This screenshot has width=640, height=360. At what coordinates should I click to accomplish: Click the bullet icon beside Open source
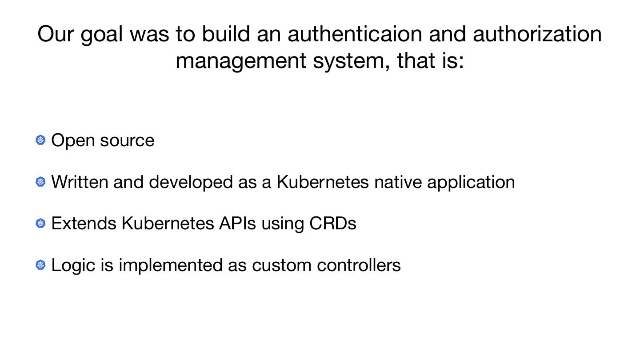tap(40, 140)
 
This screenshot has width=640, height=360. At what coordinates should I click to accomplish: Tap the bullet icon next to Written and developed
tap(40, 182)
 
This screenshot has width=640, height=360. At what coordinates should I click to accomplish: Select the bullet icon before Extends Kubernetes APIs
tap(40, 223)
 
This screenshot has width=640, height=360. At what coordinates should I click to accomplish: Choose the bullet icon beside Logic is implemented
tap(40, 265)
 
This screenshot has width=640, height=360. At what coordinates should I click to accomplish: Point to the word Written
tap(80, 182)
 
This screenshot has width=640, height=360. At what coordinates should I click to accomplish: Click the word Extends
tap(84, 223)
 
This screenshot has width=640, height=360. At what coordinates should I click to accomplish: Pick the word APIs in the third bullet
tap(237, 223)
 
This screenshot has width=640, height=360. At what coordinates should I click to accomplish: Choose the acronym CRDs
tap(332, 223)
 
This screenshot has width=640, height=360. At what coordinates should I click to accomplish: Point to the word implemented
tap(170, 265)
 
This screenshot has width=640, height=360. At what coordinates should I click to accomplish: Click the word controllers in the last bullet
tap(359, 265)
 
